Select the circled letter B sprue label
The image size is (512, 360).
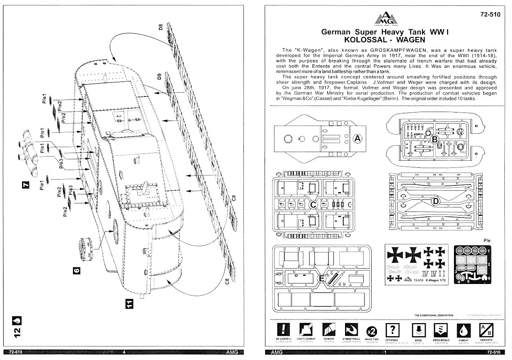tap(435, 139)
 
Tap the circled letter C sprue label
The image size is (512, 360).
tap(314, 204)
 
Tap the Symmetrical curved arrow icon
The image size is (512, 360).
tap(350, 329)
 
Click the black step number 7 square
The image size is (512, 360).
tap(26, 184)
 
